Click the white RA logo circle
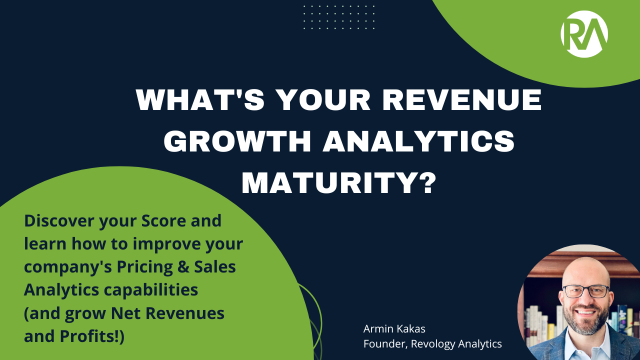584,34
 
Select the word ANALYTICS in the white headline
418,142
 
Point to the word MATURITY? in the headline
338,183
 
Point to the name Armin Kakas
394,329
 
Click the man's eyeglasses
586,291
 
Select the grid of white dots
338,17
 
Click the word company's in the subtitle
68,267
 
